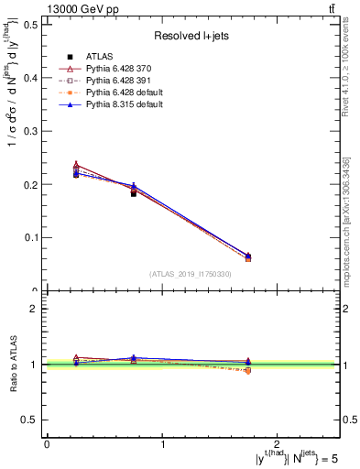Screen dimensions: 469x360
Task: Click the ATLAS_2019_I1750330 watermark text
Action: point(191,274)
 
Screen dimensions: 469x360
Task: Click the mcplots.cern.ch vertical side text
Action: point(351,220)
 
